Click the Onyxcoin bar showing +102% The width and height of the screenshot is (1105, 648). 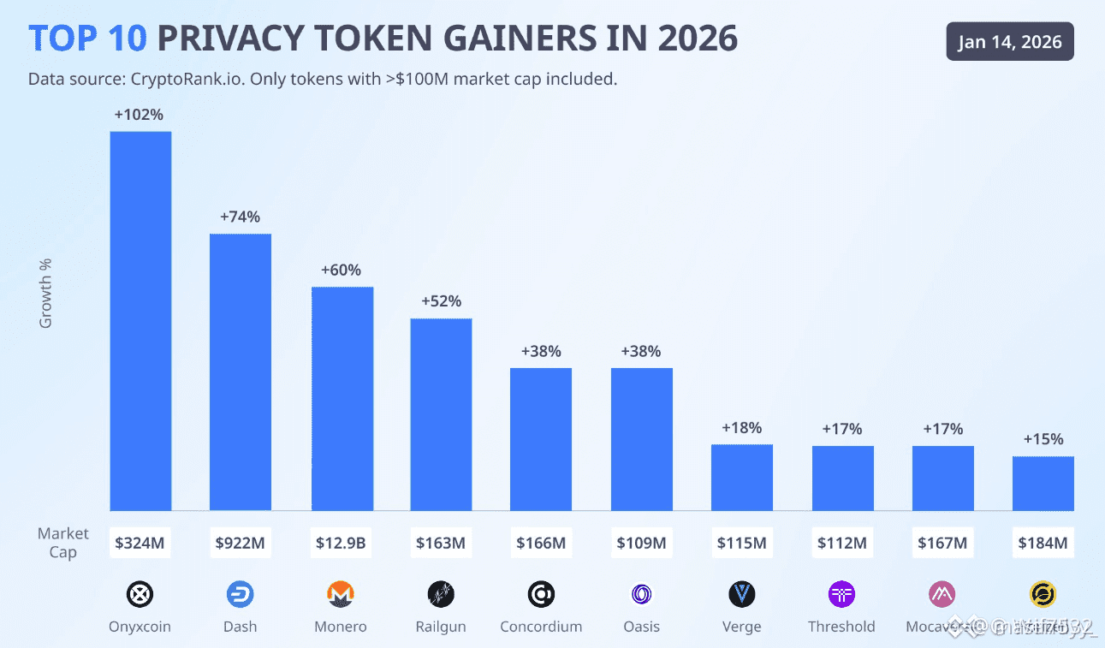pyautogui.click(x=140, y=321)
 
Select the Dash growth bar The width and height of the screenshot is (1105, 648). pyautogui.click(x=241, y=372)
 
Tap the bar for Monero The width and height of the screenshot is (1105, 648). pyautogui.click(x=342, y=399)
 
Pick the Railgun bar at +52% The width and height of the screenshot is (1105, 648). pyautogui.click(x=441, y=414)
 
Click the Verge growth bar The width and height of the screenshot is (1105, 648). pyautogui.click(x=742, y=478)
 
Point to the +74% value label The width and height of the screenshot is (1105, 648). pyautogui.click(x=240, y=217)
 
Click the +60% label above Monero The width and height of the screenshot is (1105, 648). pyautogui.click(x=341, y=270)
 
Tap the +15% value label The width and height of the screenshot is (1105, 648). pyautogui.click(x=1043, y=439)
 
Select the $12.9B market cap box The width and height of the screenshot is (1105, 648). pyautogui.click(x=341, y=543)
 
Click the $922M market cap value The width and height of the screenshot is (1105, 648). pyautogui.click(x=241, y=543)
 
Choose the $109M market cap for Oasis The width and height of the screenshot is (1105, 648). pyautogui.click(x=641, y=543)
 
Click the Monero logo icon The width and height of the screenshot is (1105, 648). pyautogui.click(x=341, y=594)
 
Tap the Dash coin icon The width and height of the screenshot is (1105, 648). pyautogui.click(x=241, y=594)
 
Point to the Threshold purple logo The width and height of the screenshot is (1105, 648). pyautogui.click(x=842, y=594)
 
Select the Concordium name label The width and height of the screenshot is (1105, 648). pyautogui.click(x=541, y=627)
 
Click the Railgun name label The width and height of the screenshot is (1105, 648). pyautogui.click(x=441, y=627)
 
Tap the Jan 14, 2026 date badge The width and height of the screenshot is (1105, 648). pyautogui.click(x=1010, y=42)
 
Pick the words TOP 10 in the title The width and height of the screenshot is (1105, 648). pyautogui.click(x=88, y=39)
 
